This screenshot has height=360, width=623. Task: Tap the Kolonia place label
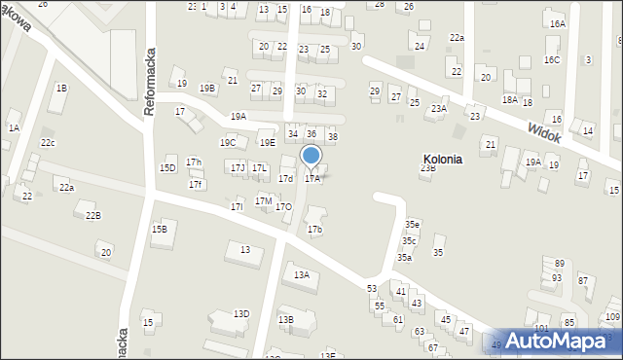443,159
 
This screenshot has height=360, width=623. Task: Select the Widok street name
545,132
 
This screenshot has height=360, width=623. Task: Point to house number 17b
314,230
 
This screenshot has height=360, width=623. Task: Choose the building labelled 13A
302,275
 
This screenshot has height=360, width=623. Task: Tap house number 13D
241,313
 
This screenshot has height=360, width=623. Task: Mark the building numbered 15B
159,230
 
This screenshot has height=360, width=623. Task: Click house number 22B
92,215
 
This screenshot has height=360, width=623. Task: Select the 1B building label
61,89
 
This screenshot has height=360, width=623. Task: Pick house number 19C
227,143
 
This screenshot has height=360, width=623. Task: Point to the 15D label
167,168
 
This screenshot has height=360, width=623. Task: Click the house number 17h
194,162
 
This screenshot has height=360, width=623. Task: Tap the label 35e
413,225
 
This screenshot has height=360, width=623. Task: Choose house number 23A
439,109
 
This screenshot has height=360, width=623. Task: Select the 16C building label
552,60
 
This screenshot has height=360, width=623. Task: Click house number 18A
510,99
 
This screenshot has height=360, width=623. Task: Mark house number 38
332,137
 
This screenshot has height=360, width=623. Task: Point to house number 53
372,289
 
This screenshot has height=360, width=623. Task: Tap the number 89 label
560,264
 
